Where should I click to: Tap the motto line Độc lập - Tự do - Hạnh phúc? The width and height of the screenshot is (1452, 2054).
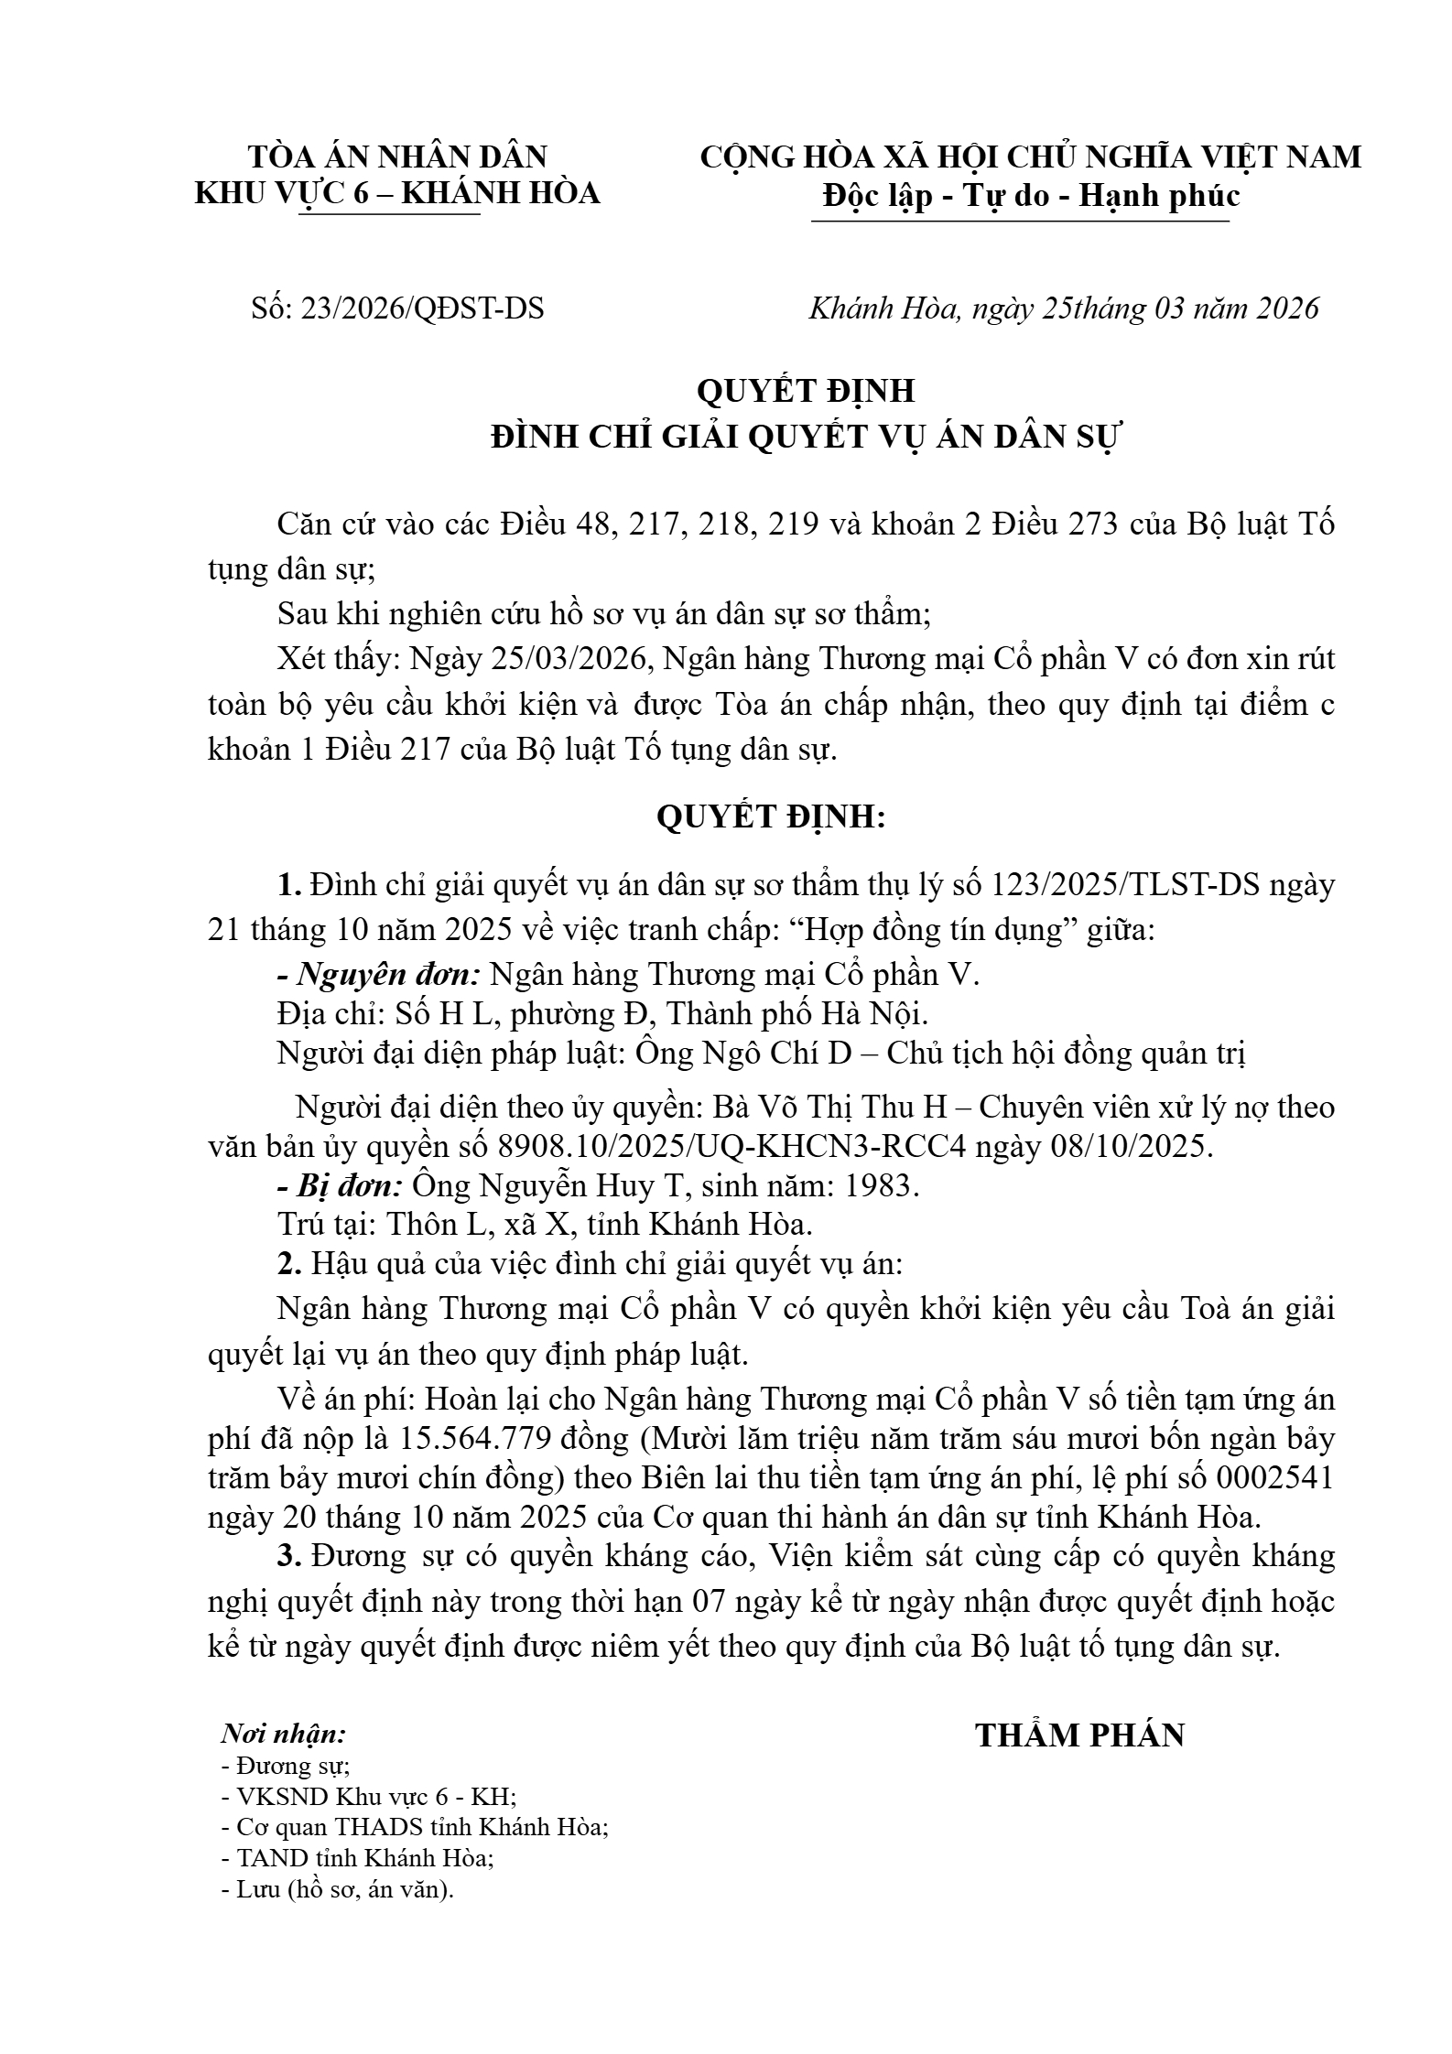pos(1031,195)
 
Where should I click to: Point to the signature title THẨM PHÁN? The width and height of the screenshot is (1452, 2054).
pos(1079,1735)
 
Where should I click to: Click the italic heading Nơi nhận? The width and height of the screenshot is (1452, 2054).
pos(284,1734)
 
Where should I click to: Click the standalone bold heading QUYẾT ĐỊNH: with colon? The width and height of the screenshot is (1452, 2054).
pos(771,816)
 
